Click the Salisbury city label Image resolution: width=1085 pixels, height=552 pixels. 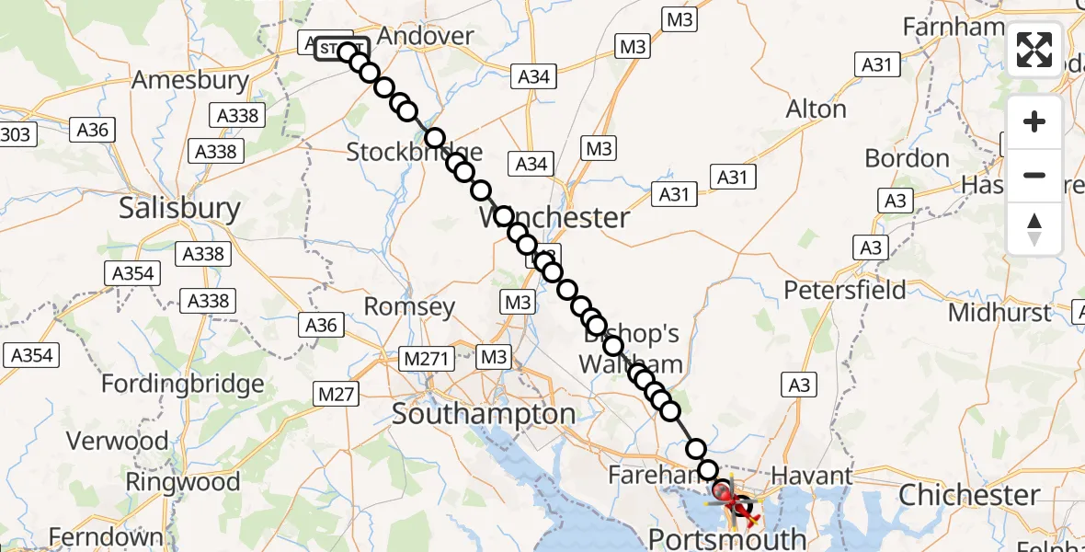(179, 209)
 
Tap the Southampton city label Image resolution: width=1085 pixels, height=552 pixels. (484, 414)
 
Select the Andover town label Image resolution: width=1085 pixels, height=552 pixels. (426, 36)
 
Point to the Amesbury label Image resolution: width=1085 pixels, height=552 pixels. (190, 80)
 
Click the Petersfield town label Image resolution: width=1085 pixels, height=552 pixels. (844, 290)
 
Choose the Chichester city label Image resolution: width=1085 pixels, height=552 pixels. (969, 495)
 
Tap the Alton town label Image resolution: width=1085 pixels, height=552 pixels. (816, 109)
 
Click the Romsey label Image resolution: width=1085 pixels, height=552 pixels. (409, 306)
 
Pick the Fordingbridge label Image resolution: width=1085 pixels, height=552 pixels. (183, 384)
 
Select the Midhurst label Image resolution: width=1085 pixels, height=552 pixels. (999, 313)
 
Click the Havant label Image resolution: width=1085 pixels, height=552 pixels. (814, 477)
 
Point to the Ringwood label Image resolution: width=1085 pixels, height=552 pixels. (182, 482)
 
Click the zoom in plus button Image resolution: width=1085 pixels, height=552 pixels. (1034, 122)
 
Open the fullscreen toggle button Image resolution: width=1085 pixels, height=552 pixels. (1034, 50)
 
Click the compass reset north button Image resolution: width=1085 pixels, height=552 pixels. (1034, 229)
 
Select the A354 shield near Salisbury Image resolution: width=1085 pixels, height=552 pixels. (132, 273)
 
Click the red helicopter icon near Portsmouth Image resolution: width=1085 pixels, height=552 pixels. (726, 500)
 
